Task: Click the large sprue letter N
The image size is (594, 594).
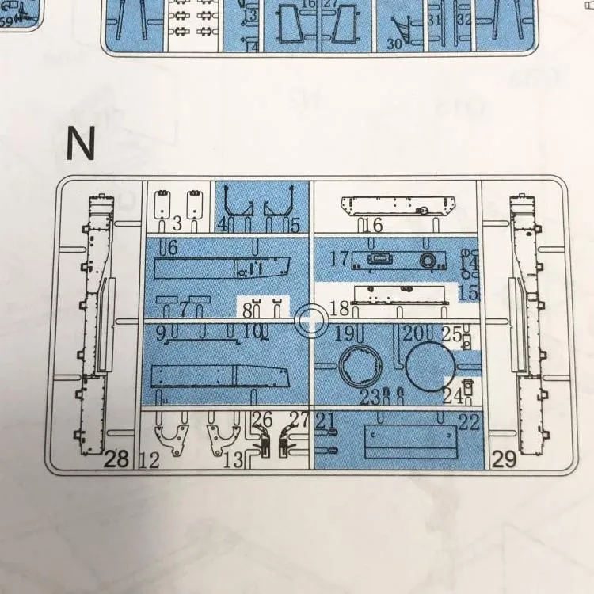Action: coord(80,143)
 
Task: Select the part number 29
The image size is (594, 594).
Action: coord(505,458)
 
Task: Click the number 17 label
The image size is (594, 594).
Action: coord(340,259)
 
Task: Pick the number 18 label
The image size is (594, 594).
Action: coord(339,307)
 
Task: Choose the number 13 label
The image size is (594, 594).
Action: coord(234,459)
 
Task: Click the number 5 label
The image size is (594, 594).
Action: coord(295,226)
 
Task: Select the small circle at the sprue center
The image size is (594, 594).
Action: coord(310,321)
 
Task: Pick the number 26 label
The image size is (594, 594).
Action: coord(263,420)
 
